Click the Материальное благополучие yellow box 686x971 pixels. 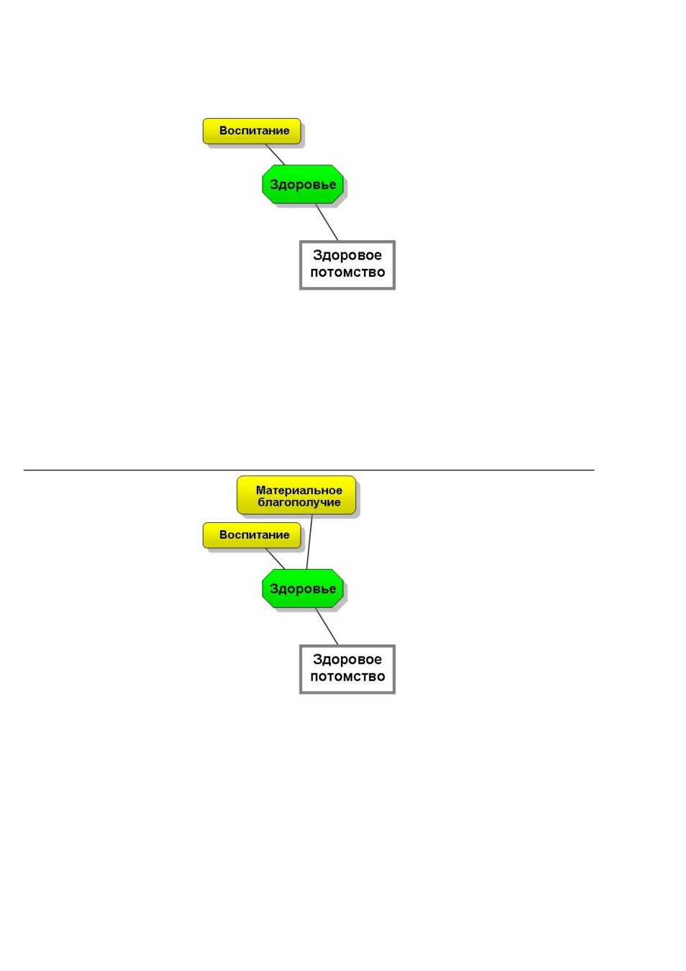(x=296, y=495)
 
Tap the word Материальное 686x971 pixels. (x=298, y=491)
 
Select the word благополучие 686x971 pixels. (x=299, y=503)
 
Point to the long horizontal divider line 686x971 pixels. (x=308, y=470)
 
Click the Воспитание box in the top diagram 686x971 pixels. (x=252, y=131)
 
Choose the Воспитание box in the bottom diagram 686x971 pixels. (x=252, y=535)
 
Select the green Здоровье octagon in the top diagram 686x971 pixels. (x=303, y=184)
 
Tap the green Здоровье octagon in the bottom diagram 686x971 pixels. (x=303, y=588)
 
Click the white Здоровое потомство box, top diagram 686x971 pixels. (x=347, y=265)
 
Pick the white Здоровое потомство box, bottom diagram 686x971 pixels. (x=347, y=669)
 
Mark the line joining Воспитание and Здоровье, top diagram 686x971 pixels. (x=275, y=155)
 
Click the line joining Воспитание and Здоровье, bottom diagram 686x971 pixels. (x=275, y=558)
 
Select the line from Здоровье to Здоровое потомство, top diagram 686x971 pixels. (x=326, y=222)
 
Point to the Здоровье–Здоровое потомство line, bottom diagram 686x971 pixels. (x=326, y=626)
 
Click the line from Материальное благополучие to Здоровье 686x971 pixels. (x=309, y=542)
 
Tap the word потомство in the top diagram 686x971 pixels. (x=347, y=272)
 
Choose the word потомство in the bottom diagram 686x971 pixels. (x=347, y=677)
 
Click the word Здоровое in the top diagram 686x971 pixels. (x=347, y=255)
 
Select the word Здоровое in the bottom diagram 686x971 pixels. (x=347, y=660)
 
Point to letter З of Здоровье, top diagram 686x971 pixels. (x=273, y=184)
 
